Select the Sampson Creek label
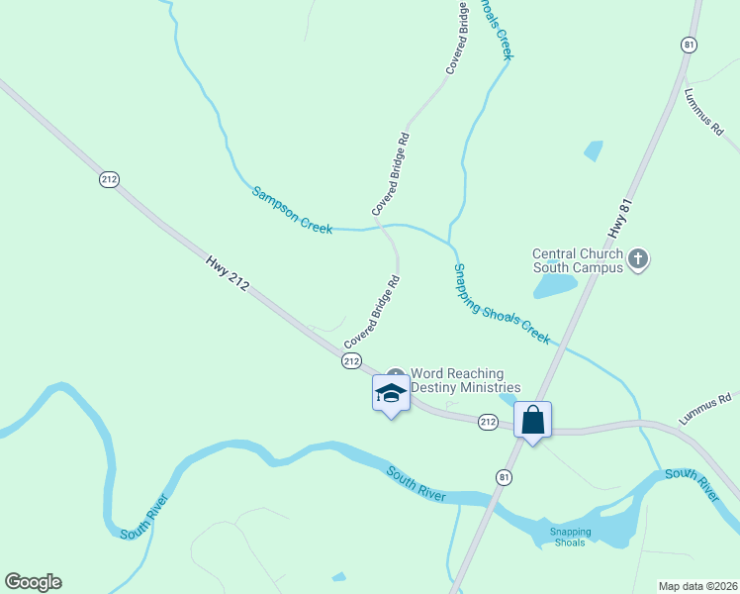point(292,210)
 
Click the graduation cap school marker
point(391,393)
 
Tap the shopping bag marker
point(532,420)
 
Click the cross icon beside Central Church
point(639,259)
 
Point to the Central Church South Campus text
point(578,260)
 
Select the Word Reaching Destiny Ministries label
point(465,380)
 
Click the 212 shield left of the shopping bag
point(488,422)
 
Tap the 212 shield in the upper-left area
point(109,179)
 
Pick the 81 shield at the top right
point(689,45)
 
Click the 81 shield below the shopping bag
point(505,477)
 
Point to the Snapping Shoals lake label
point(571,537)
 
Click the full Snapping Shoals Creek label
point(502,304)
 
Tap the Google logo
point(33,582)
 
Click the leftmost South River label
point(144,517)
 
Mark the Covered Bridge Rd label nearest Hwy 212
point(372,312)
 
